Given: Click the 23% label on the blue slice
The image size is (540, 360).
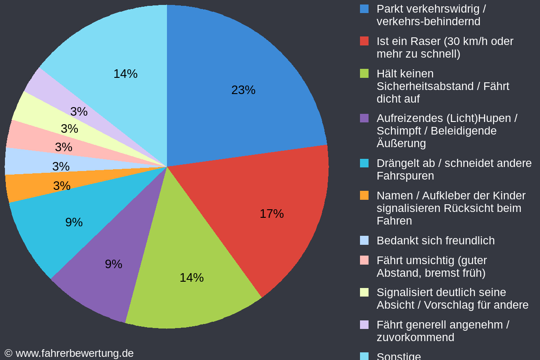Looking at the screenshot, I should tap(243, 90).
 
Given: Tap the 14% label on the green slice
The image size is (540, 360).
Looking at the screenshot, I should tap(192, 278).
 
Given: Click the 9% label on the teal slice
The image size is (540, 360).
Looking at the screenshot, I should tap(74, 222).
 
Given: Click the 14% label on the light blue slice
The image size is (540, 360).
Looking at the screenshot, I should tap(126, 74).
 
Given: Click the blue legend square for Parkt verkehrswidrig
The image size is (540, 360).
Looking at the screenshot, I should tap(364, 9).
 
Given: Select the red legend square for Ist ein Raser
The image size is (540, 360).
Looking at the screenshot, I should tap(364, 41).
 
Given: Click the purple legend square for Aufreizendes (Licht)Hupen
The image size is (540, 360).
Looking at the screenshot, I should tap(364, 118).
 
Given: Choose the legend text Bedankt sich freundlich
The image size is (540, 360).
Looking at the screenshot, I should tap(435, 241).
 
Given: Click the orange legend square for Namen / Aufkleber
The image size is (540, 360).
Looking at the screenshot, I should tap(364, 195).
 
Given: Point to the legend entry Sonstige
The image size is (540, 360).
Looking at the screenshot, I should tap(398, 356).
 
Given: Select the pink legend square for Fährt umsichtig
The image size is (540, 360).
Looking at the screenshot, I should tap(364, 260).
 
